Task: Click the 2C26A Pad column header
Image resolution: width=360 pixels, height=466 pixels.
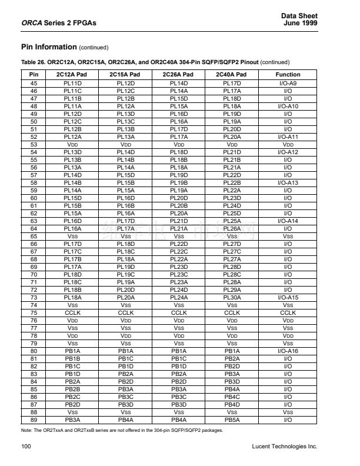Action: [x=179, y=75]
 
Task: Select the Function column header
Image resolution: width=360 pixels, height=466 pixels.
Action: [x=288, y=75]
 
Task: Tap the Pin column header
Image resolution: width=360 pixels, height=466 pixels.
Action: [x=34, y=75]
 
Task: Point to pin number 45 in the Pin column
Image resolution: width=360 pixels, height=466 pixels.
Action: [x=34, y=84]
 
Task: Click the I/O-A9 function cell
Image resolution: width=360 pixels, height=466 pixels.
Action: [x=288, y=84]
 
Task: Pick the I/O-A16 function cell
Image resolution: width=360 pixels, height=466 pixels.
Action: [x=288, y=351]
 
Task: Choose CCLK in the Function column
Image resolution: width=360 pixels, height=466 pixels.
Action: [x=288, y=313]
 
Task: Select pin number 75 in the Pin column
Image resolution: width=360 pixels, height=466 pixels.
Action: [x=34, y=313]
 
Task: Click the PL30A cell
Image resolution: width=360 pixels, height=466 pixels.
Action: [x=232, y=298]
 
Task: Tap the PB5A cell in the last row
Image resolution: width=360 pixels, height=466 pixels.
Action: [x=232, y=420]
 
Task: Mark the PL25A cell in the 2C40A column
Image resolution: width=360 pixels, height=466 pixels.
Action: [x=232, y=221]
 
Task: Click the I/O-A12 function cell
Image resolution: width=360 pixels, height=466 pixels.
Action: [x=288, y=152]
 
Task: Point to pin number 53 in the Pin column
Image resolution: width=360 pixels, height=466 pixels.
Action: [x=34, y=145]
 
